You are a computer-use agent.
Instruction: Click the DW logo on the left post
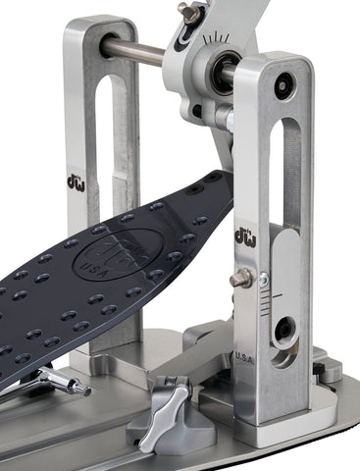pos(76,182)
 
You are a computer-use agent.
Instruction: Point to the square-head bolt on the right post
pos(239,281)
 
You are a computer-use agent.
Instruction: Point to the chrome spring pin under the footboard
pos(65,381)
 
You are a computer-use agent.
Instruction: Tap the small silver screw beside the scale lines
pos(263,282)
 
